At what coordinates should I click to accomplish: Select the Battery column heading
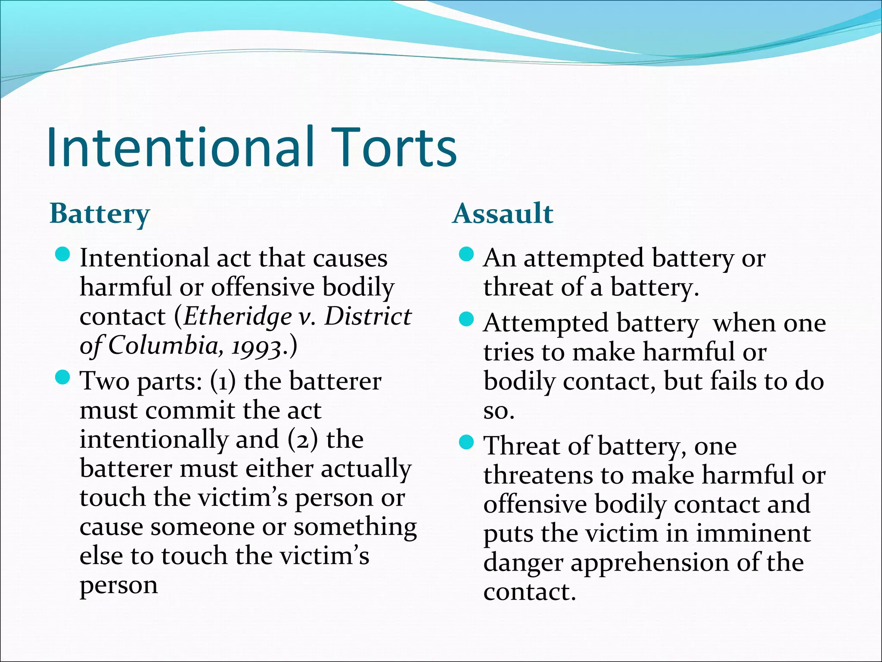pos(99,214)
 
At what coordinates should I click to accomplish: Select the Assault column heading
pos(503,213)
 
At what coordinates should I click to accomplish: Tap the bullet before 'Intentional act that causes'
pos(63,255)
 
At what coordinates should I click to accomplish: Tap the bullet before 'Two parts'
pos(63,378)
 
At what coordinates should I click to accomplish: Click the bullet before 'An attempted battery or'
pos(466,255)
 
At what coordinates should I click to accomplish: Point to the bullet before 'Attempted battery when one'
pos(466,320)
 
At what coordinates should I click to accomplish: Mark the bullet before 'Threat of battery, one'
pos(466,442)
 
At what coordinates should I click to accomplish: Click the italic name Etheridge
pos(238,316)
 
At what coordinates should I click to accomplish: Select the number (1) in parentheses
pos(223,381)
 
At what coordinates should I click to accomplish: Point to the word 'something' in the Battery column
pos(355,528)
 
